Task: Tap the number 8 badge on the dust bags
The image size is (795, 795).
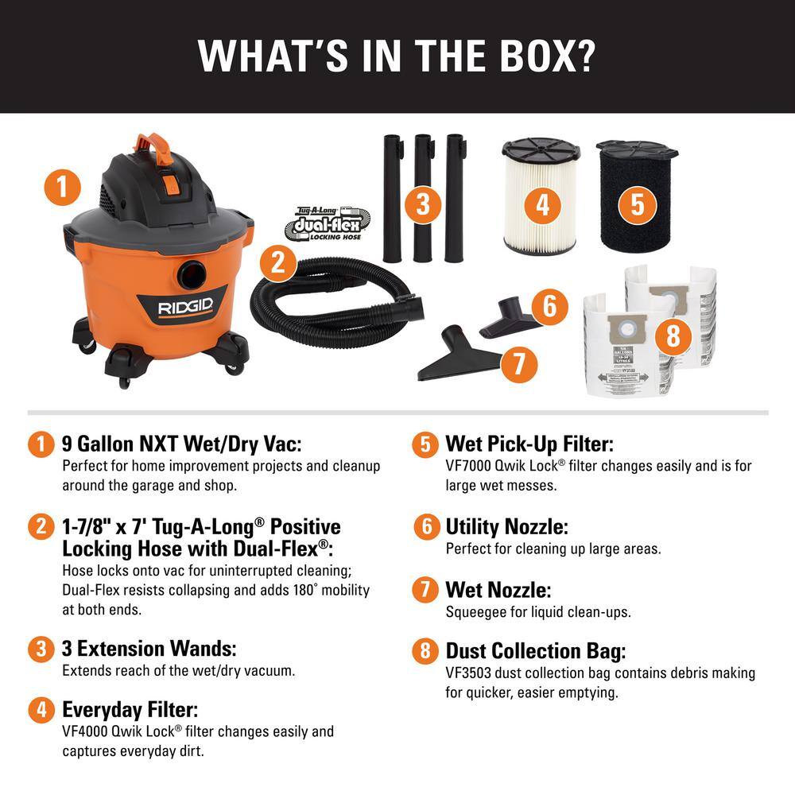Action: tap(673, 336)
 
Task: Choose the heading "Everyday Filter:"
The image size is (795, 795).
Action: tap(130, 708)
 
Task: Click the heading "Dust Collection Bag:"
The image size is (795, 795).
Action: tap(535, 651)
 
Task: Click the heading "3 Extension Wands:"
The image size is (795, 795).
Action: tap(149, 648)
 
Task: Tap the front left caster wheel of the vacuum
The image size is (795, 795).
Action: tap(125, 382)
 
